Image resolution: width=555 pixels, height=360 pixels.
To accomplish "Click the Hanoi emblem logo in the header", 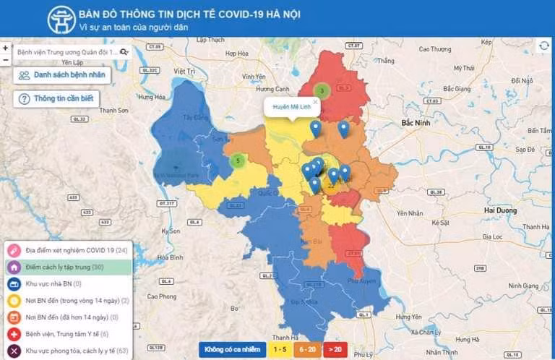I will (61, 20).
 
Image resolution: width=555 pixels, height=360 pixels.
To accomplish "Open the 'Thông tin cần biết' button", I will (56, 99).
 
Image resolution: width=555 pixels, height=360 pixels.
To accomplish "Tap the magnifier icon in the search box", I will (124, 52).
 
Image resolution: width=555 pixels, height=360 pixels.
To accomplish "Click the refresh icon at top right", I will (543, 46).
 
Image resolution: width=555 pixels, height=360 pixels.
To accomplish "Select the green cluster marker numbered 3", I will (322, 91).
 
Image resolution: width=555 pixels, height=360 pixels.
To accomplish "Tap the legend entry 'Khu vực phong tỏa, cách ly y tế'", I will (67, 351).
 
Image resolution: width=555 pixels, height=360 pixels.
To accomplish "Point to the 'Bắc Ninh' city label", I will (416, 123).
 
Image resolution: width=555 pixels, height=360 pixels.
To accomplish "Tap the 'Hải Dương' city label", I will (500, 210).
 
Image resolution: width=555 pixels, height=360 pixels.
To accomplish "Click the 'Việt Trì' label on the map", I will (185, 72).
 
